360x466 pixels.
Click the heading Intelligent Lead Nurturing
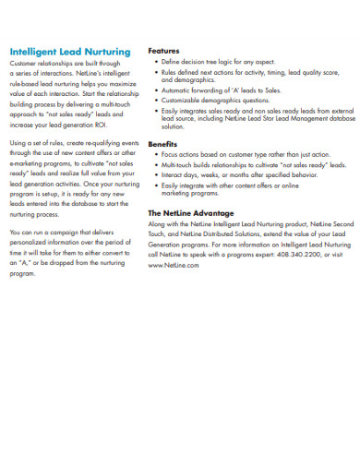pyautogui.click(x=69, y=52)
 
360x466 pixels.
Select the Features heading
pyautogui.click(x=163, y=50)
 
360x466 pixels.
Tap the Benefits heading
pyautogui.click(x=162, y=145)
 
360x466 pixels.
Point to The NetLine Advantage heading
pyautogui.click(x=191, y=212)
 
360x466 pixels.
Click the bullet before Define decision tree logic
pyautogui.click(x=156, y=61)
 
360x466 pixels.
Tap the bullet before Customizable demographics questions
pyautogui.click(x=156, y=101)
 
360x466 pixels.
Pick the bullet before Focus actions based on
pyautogui.click(x=156, y=155)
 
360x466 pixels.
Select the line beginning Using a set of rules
pyautogui.click(x=73, y=144)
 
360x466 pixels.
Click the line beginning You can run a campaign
pyautogui.click(x=69, y=232)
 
